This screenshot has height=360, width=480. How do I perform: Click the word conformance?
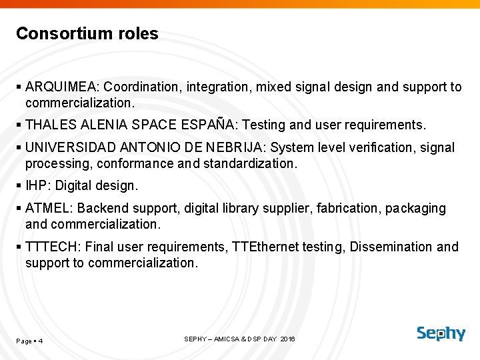tap(126, 163)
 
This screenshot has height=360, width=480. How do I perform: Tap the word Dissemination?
tap(391, 247)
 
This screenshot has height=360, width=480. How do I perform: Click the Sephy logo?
tap(441, 333)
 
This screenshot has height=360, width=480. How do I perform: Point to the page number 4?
tap(41, 341)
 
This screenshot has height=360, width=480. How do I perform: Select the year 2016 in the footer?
tap(287, 339)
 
